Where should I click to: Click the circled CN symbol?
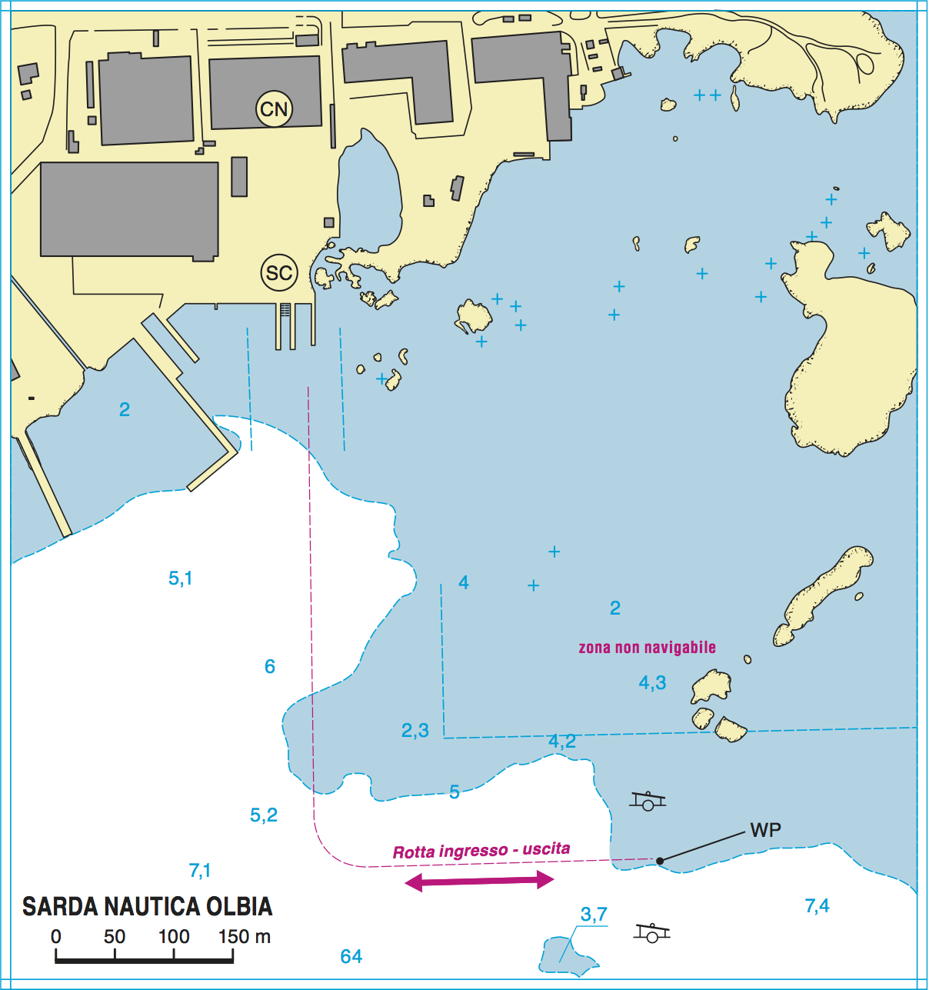(274, 109)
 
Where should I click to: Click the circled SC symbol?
(279, 273)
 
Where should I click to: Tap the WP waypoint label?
(765, 830)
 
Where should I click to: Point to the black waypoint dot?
(660, 860)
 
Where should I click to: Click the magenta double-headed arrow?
(479, 881)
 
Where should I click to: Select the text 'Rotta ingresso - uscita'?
(481, 851)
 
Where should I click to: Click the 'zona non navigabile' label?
(647, 648)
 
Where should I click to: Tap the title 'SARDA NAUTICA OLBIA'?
(147, 907)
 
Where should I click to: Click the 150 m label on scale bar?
(245, 937)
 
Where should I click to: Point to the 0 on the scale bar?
(56, 937)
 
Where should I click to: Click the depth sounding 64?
(351, 956)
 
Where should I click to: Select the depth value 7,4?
(817, 906)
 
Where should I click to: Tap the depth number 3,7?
(594, 915)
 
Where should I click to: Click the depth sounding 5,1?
(180, 578)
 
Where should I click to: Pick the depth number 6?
(270, 666)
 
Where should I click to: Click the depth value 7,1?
(200, 871)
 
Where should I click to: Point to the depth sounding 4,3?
(652, 682)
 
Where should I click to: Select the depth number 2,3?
(415, 730)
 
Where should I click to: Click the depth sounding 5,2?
(264, 815)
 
